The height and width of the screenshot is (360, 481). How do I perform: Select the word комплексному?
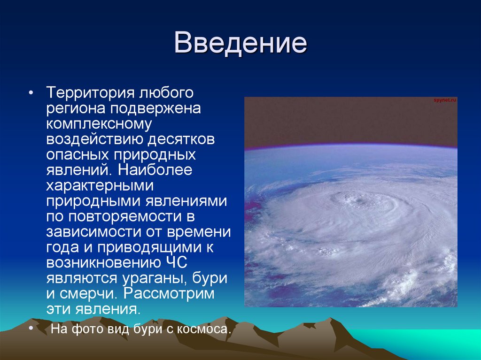[x=99, y=124]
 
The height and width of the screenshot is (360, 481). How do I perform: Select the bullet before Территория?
[x=31, y=92]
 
